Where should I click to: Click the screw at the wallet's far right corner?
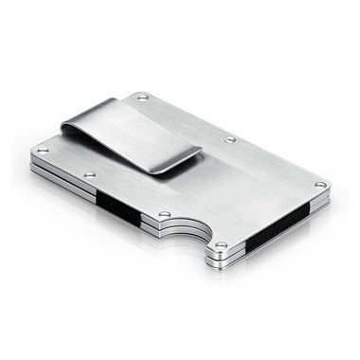319,184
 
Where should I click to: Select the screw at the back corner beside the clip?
143,96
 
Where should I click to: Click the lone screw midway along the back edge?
229,139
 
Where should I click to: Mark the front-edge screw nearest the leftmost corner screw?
89,175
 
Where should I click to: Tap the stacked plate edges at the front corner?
220,255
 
